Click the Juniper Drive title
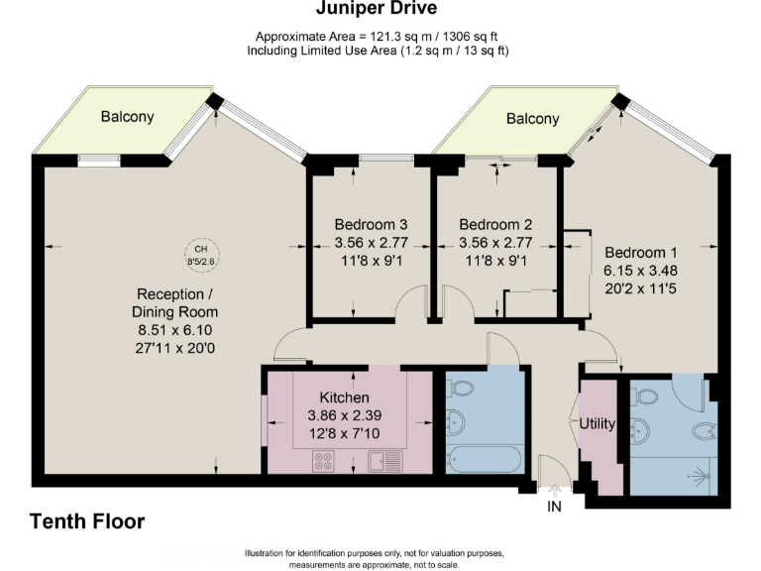pyautogui.click(x=377, y=8)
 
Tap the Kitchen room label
pyautogui.click(x=344, y=398)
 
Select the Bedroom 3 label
pyautogui.click(x=371, y=224)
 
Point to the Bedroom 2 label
pyautogui.click(x=495, y=224)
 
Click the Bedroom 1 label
pyautogui.click(x=641, y=253)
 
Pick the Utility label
pyautogui.click(x=598, y=424)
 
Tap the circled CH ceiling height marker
pyautogui.click(x=202, y=255)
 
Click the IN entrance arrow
pyautogui.click(x=554, y=491)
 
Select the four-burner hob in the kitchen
pyautogui.click(x=323, y=461)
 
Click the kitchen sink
pyautogui.click(x=385, y=461)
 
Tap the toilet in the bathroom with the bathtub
pyautogui.click(x=460, y=389)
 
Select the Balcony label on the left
pyautogui.click(x=127, y=117)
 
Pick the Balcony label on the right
pyautogui.click(x=532, y=119)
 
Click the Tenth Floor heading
pyautogui.click(x=87, y=521)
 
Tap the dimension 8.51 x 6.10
pyautogui.click(x=174, y=330)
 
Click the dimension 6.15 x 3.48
pyautogui.click(x=641, y=271)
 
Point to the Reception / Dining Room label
pyautogui.click(x=174, y=303)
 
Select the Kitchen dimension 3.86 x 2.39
pyautogui.click(x=344, y=415)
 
